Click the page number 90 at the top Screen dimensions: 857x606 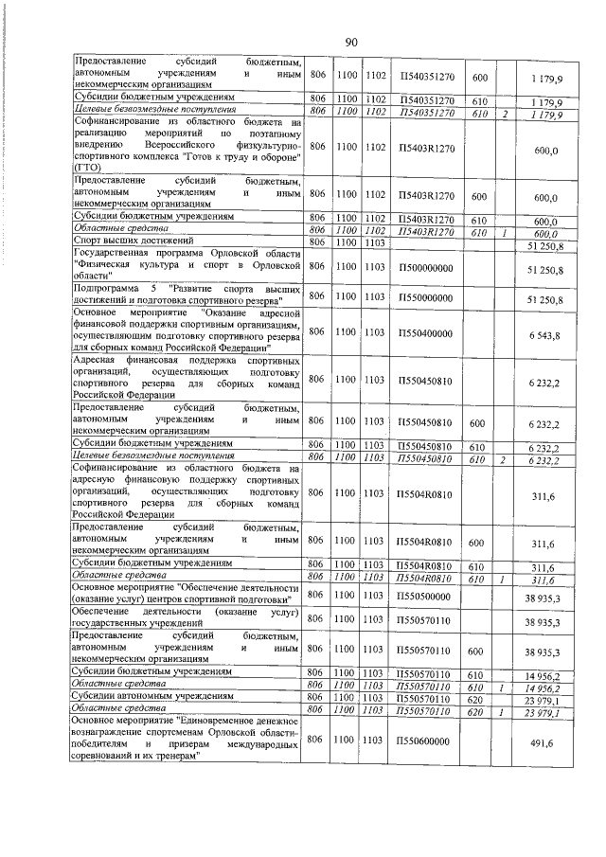pos(349,42)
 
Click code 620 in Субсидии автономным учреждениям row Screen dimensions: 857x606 pos(479,699)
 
